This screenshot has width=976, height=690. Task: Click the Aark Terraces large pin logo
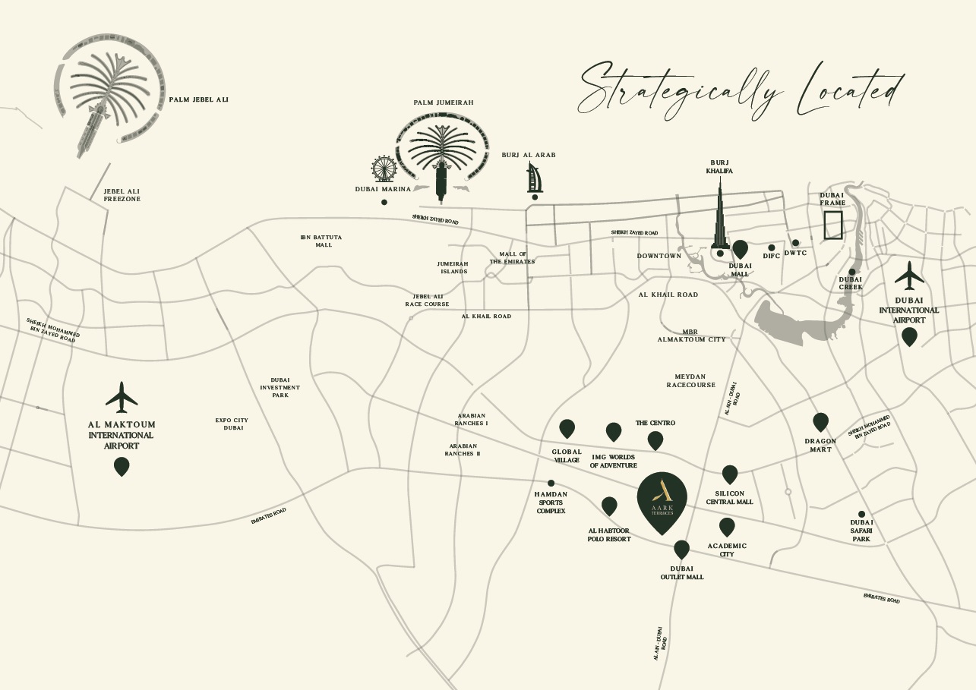coord(662,499)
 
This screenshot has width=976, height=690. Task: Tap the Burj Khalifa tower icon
coord(719,216)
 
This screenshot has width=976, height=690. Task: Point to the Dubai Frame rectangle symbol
coord(833,225)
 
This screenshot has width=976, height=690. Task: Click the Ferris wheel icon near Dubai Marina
coord(384,169)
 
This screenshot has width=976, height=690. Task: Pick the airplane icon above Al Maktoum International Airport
coord(122,398)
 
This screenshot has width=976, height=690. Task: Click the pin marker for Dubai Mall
coord(741,248)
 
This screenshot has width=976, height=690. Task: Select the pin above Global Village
coord(567,428)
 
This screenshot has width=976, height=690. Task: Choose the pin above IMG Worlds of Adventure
coord(614,431)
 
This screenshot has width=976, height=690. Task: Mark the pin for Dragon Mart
coord(820,421)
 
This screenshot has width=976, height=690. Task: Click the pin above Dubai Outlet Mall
coord(681,549)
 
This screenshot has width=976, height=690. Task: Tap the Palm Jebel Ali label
coord(198,99)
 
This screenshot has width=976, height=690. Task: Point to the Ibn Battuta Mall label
coord(321,241)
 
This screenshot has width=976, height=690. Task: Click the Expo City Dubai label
coord(232,424)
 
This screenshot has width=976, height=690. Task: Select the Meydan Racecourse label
coord(690,380)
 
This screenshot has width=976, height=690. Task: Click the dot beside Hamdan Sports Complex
coord(551,483)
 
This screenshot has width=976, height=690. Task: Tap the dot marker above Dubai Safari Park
coord(861,514)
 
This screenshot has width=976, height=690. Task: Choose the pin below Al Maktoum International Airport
coord(122,466)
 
